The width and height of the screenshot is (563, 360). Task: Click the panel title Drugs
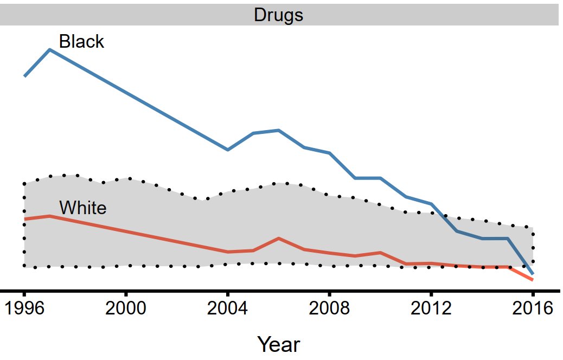click(x=278, y=15)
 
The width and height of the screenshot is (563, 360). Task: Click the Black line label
click(x=81, y=41)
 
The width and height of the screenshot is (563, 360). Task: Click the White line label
click(x=82, y=208)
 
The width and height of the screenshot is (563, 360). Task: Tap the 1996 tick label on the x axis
click(x=24, y=310)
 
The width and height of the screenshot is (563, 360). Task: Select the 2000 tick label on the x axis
click(x=126, y=310)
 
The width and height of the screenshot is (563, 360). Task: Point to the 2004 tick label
click(x=228, y=310)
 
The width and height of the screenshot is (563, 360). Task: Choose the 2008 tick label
click(x=329, y=310)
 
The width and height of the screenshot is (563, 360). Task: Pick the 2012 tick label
click(x=431, y=310)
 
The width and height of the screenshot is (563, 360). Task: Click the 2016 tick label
click(x=533, y=310)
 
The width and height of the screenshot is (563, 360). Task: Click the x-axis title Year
click(x=278, y=344)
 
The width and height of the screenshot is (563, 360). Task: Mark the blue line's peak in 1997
click(x=50, y=49)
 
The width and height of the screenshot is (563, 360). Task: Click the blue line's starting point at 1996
click(x=24, y=76)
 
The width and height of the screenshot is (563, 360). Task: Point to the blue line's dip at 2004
click(x=228, y=150)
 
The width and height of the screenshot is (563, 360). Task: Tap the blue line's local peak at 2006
click(x=278, y=130)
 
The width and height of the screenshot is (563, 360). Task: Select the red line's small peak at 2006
click(x=278, y=238)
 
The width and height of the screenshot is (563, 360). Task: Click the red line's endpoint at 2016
click(x=533, y=280)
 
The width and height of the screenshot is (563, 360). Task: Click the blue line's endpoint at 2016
click(x=533, y=273)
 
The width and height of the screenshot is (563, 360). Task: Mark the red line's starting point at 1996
click(x=24, y=219)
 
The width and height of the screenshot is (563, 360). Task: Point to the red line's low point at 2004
click(x=228, y=252)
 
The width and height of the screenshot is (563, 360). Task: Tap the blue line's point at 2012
click(x=431, y=204)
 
